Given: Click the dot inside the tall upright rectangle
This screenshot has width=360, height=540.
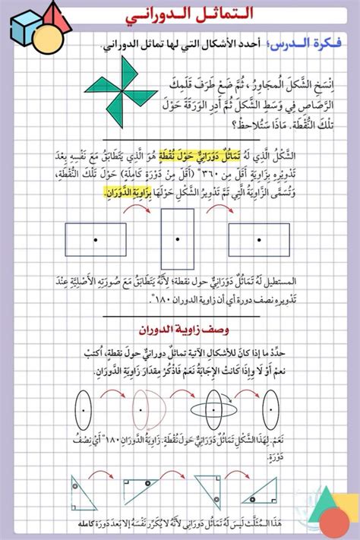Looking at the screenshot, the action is (x=177, y=239).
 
